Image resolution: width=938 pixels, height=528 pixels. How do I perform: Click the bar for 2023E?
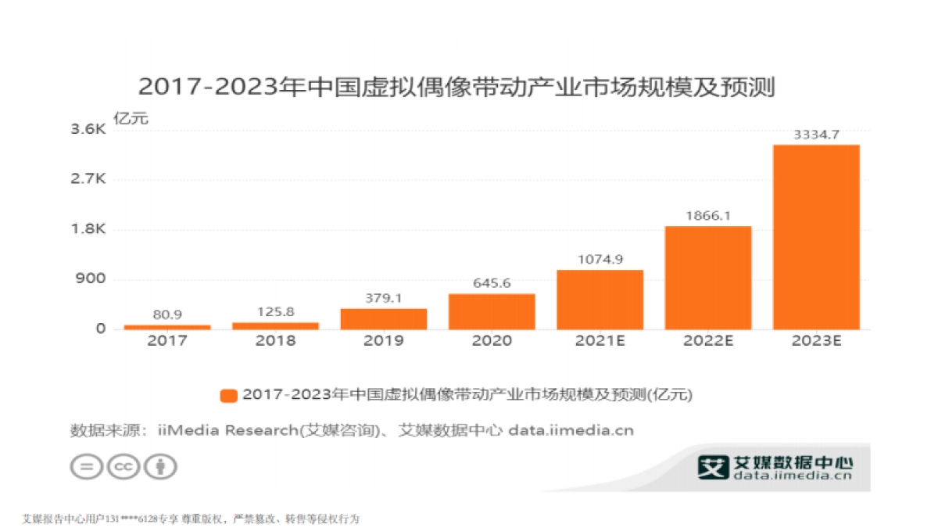816,236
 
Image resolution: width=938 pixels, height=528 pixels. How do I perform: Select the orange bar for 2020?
492,311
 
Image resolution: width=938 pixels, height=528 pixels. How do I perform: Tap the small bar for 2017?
167,326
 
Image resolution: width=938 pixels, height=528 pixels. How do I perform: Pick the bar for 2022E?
708,277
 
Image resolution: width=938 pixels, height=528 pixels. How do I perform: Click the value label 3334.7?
816,135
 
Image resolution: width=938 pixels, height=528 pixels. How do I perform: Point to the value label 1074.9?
600,260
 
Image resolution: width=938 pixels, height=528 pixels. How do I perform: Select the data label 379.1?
384,298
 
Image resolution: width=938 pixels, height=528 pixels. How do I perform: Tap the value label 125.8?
275,312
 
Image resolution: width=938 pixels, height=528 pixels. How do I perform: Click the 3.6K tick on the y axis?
88,129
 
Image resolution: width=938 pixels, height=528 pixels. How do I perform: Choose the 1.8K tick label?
88,229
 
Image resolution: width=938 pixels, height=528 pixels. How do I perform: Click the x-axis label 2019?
384,341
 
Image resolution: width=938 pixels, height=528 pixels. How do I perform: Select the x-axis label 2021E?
600,341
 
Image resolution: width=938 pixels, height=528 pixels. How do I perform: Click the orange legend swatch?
228,396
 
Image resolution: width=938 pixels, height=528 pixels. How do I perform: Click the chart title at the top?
456,88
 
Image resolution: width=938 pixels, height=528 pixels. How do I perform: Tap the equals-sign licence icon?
86,467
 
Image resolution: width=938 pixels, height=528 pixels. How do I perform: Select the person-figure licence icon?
160,467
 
